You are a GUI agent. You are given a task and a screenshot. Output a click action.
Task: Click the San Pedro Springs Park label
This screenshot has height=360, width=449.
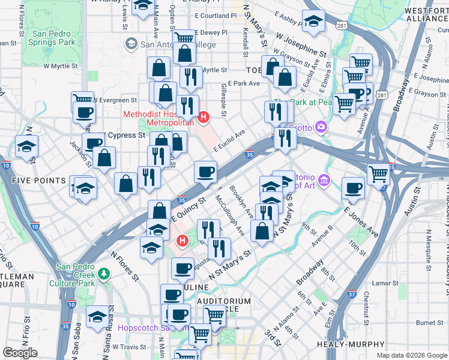pyautogui.click(x=53, y=38)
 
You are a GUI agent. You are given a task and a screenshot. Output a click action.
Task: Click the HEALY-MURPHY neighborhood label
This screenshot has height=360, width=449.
pyautogui.click(x=359, y=344)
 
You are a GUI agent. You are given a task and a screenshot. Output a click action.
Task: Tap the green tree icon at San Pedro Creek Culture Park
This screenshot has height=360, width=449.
pyautogui.click(x=104, y=274)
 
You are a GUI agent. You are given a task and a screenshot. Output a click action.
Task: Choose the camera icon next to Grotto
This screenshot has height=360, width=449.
pyautogui.click(x=321, y=127)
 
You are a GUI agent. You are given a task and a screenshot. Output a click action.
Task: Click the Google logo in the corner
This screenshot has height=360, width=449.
pyautogui.click(x=20, y=353)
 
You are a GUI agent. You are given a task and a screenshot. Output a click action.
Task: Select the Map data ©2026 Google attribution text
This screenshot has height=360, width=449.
pyautogui.click(x=412, y=355)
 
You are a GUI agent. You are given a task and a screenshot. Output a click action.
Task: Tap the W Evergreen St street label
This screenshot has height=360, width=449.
pyautogui.click(x=116, y=100)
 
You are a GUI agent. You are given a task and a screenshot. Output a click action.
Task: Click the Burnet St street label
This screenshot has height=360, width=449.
pyautogui.click(x=429, y=323)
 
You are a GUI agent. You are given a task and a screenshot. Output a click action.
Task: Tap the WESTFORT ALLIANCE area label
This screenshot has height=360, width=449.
pyautogui.click(x=427, y=15)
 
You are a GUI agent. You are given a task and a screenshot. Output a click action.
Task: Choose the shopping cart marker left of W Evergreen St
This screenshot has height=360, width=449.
pyautogui.click(x=82, y=100)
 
